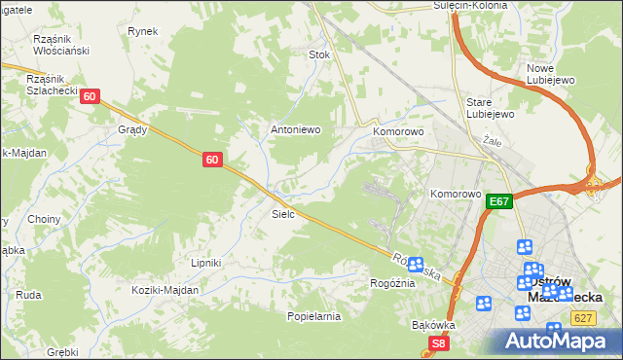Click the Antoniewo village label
[x=295, y=129]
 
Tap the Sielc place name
[x=283, y=213]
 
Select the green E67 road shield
[x=499, y=201]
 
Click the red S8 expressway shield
[x=440, y=342]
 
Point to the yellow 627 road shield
[x=584, y=317]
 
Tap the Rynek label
[x=142, y=31]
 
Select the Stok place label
[x=320, y=55]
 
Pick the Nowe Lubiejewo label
[x=552, y=74]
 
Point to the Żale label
[x=491, y=140]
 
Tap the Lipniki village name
[x=206, y=263]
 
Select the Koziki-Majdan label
[x=166, y=290]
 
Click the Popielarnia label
[x=313, y=316]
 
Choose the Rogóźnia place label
[x=392, y=283]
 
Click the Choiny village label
[x=45, y=219]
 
